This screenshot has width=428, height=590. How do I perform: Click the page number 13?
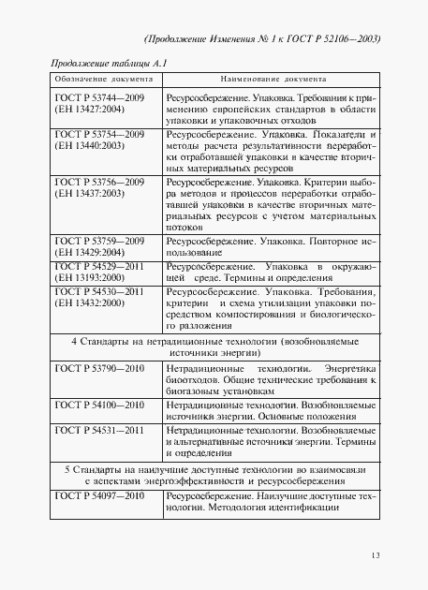point(375,556)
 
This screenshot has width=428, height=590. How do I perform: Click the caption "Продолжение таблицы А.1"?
point(100,62)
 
